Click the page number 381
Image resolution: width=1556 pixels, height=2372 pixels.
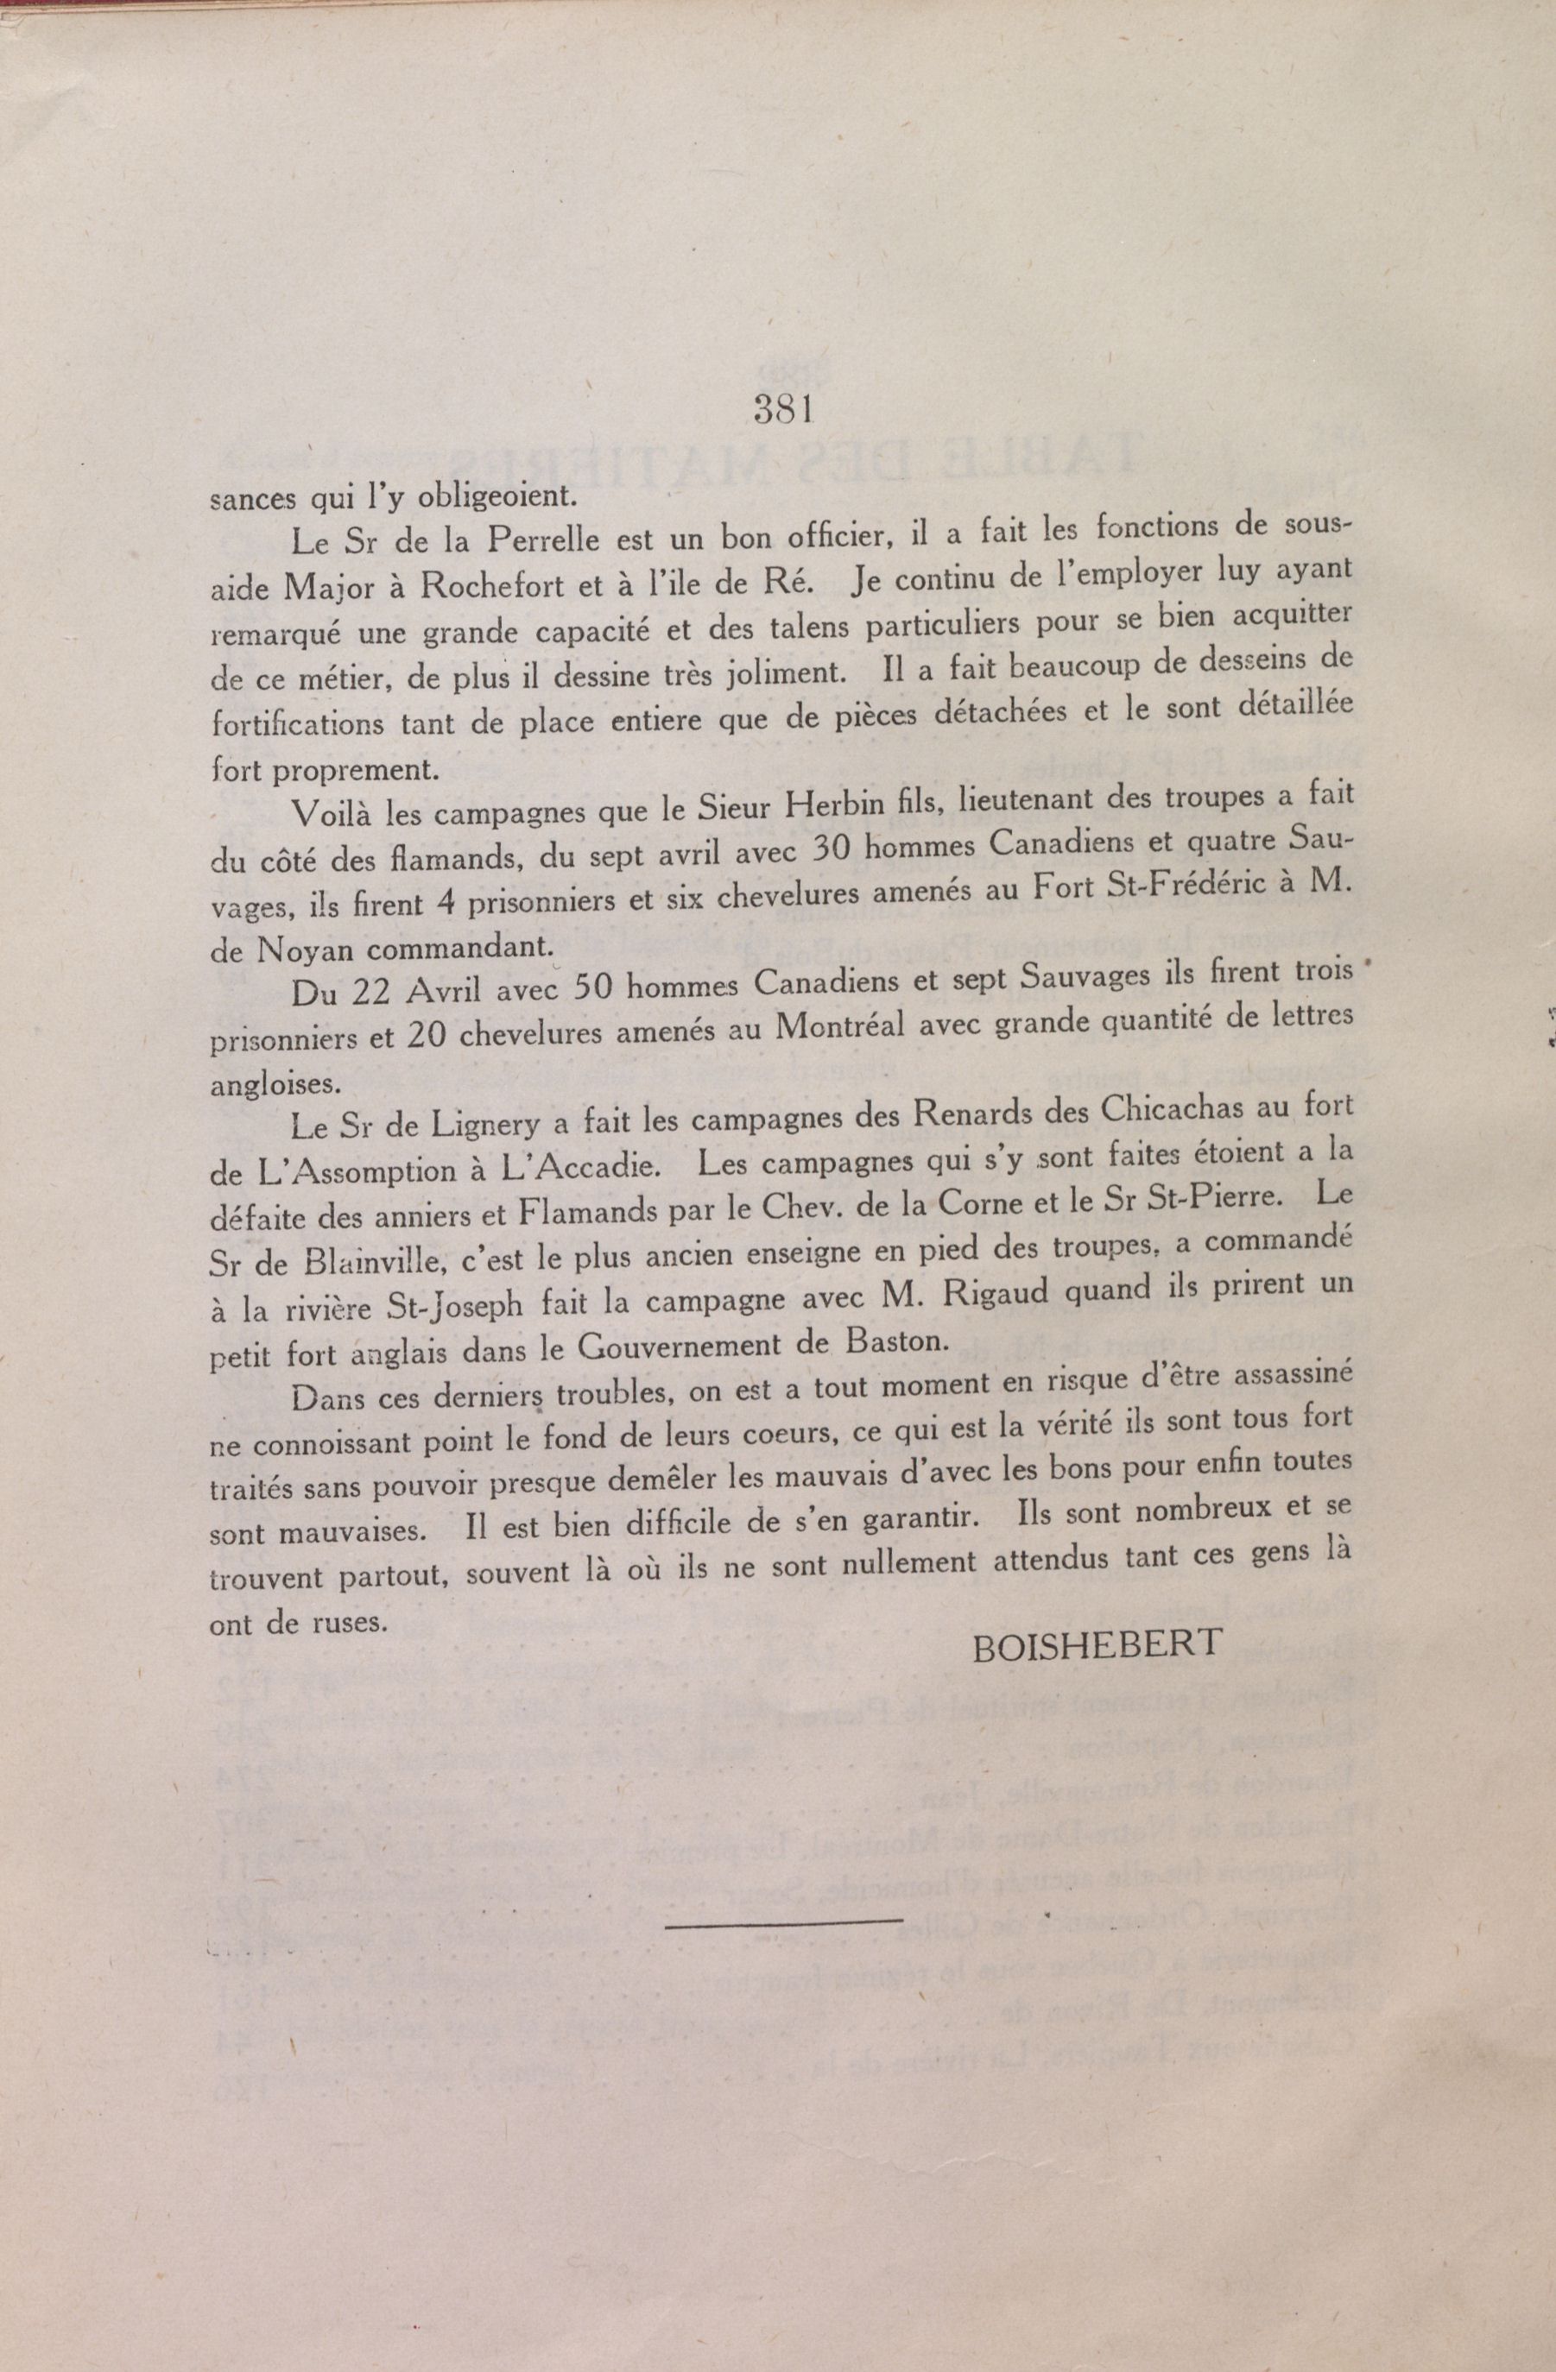tap(786, 410)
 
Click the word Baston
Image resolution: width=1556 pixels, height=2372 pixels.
tap(892, 1340)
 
